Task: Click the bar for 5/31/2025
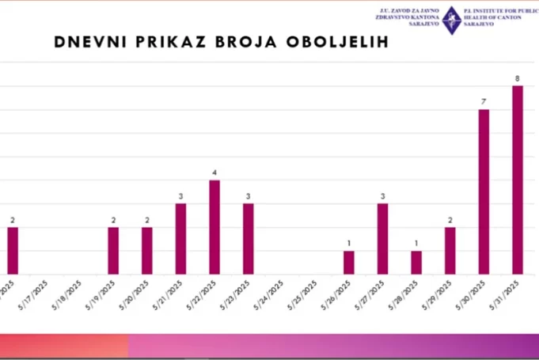tap(518, 180)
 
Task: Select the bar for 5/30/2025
tap(484, 191)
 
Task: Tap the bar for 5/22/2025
tap(214, 227)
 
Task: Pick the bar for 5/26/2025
tap(349, 263)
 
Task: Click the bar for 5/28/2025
tap(416, 263)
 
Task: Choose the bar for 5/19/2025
tap(113, 251)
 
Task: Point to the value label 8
tap(518, 78)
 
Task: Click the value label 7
tap(484, 102)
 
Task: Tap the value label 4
tap(214, 172)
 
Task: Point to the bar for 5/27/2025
tap(383, 239)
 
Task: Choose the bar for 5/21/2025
tap(180, 239)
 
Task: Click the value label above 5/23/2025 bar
tap(248, 196)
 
